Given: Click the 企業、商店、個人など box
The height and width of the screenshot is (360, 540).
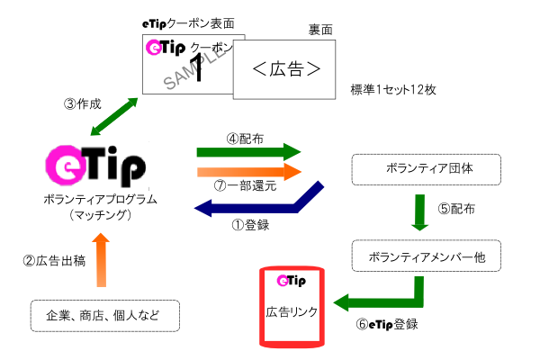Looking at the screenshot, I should (x=99, y=316).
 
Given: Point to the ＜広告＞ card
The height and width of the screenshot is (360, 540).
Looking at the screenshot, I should (x=284, y=70).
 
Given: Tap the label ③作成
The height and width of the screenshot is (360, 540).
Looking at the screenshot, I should (x=83, y=103).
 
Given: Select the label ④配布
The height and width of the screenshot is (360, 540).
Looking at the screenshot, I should (x=244, y=140).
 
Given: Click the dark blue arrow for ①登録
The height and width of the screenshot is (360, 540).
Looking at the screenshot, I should (x=261, y=204).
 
